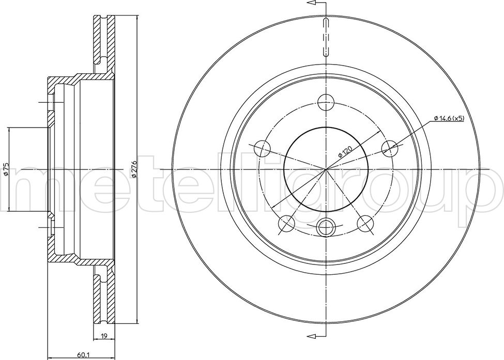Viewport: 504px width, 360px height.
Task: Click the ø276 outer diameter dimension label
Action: coord(135,169)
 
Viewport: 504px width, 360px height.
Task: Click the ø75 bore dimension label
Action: coord(6,169)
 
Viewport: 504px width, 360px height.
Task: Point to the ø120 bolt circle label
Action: coord(345,151)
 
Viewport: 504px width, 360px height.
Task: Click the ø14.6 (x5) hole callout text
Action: coord(449,118)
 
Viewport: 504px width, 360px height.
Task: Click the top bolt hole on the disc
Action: coord(326,102)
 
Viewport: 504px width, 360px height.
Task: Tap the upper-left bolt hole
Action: coord(262,149)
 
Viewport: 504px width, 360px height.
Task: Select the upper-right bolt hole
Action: coord(390,149)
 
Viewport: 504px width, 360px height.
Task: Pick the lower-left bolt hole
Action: coord(286,224)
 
